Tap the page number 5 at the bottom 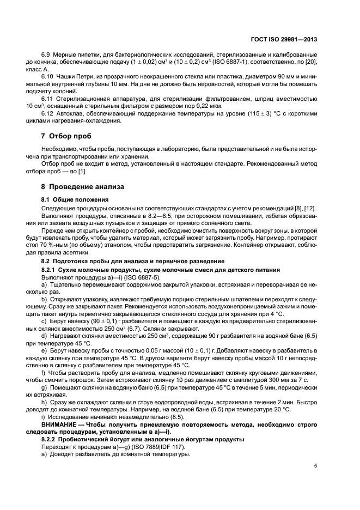315,466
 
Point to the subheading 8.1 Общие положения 75,199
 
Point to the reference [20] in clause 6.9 311,64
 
